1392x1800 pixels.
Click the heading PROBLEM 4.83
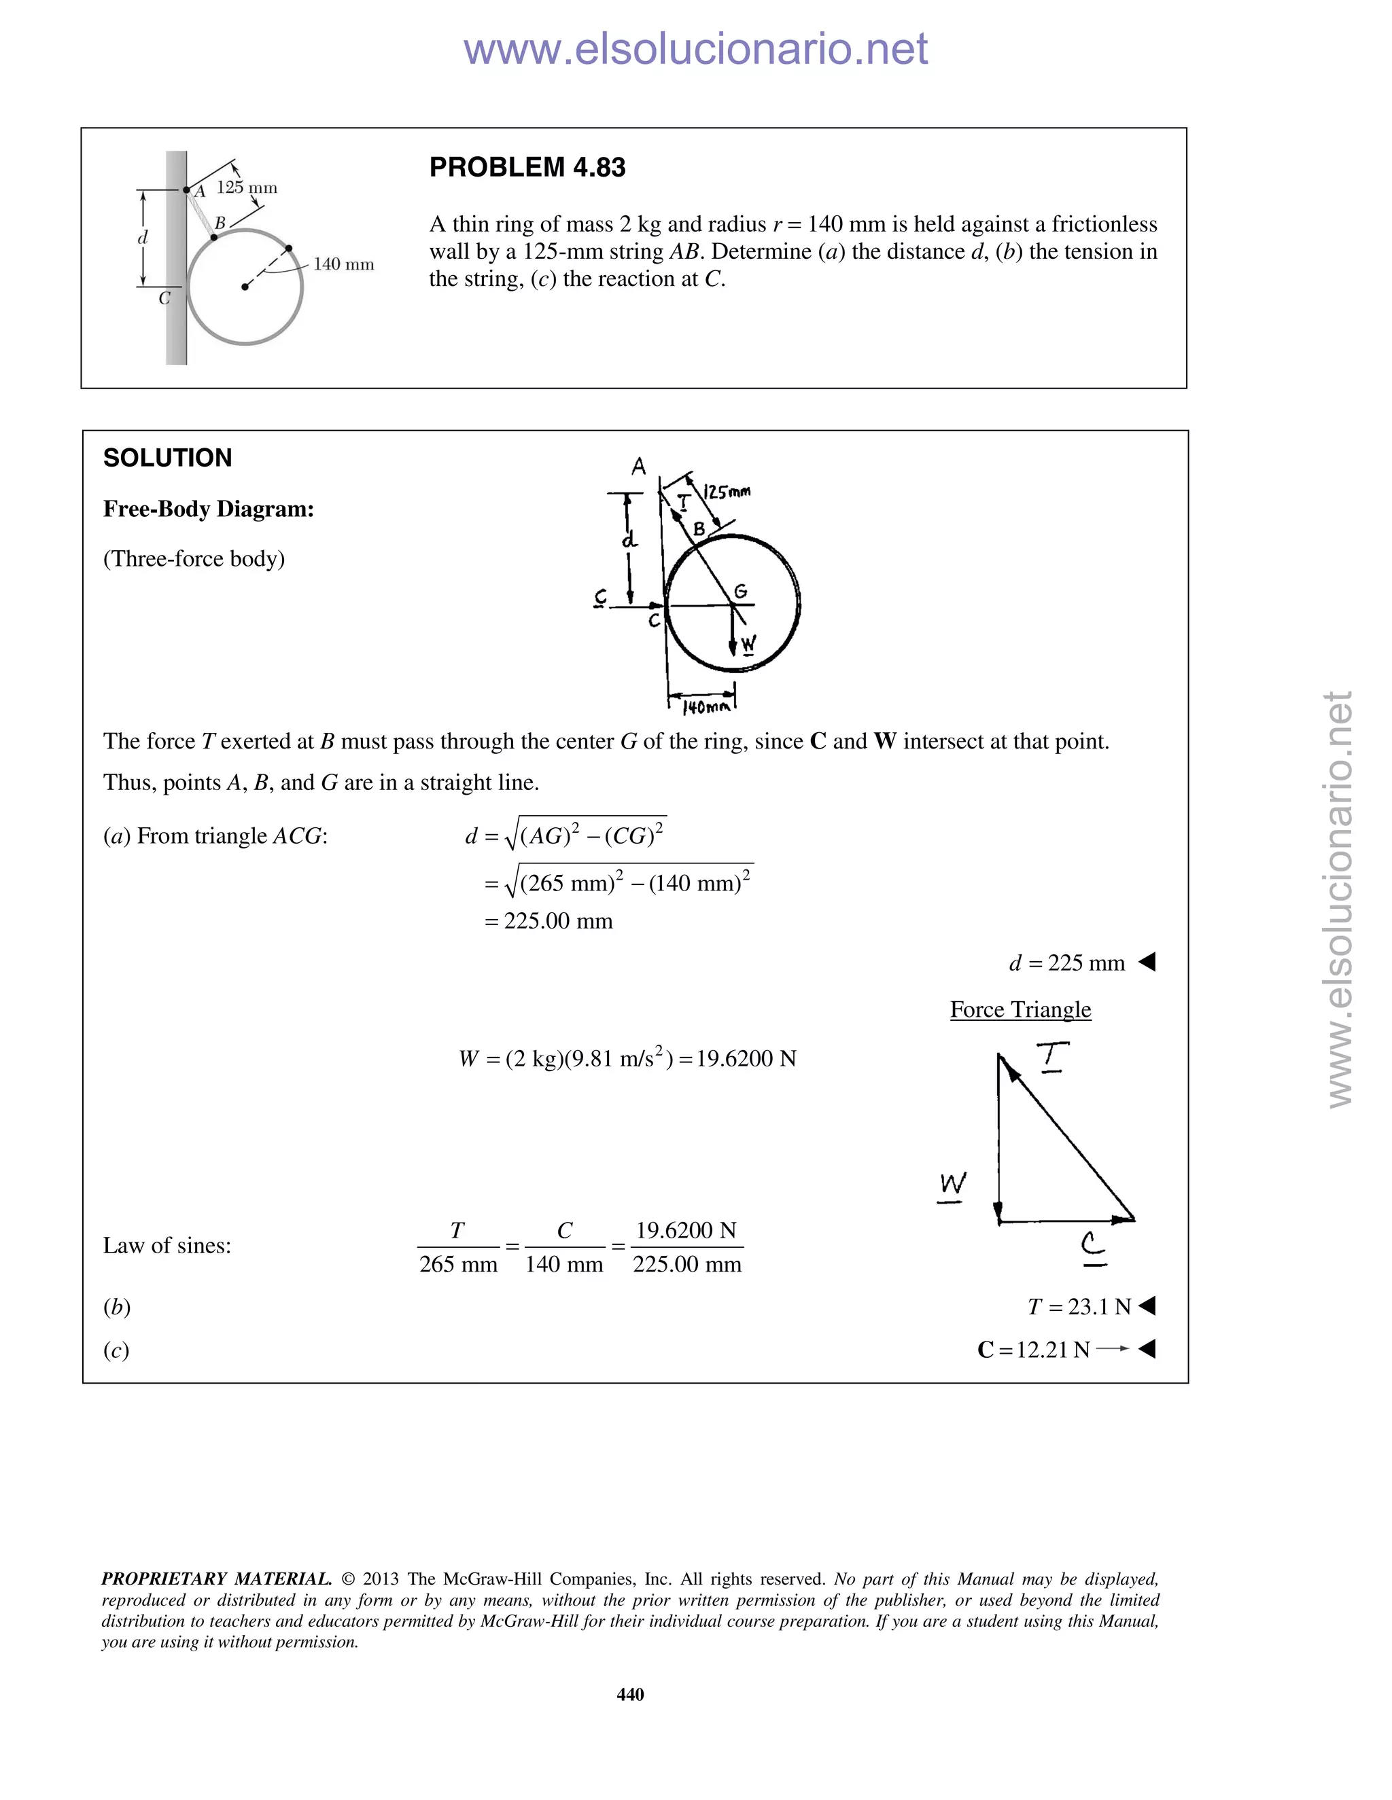click(x=527, y=167)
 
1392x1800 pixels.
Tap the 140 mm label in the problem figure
click(x=343, y=264)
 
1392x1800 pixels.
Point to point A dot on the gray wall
click(x=186, y=190)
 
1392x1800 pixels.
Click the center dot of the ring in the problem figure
click(x=245, y=287)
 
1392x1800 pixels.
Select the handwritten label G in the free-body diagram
click(x=741, y=591)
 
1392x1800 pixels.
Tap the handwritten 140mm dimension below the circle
click(x=706, y=707)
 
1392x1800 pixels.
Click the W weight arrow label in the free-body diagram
click(x=747, y=644)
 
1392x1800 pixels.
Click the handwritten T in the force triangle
click(x=1052, y=1057)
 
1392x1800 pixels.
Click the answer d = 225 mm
click(x=1066, y=962)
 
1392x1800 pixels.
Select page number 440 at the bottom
click(x=630, y=1695)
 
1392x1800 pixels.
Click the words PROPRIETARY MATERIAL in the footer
click(x=216, y=1579)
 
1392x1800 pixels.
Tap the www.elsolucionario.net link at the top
click(x=695, y=50)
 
